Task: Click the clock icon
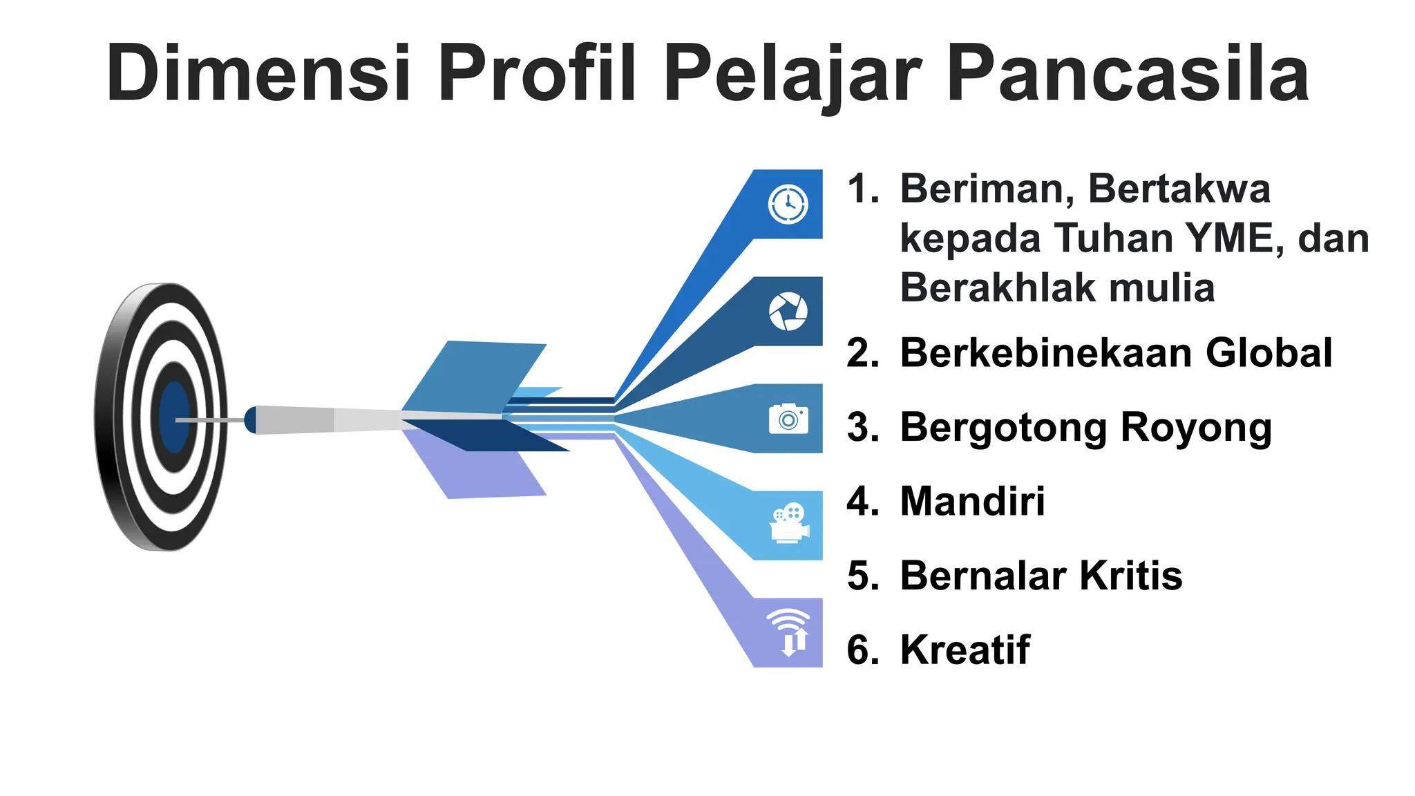point(788,205)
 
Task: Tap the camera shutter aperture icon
point(788,312)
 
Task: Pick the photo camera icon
point(788,419)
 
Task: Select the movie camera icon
point(789,524)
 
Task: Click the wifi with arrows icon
point(789,632)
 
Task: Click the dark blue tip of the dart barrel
point(250,420)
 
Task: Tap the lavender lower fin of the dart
point(477,470)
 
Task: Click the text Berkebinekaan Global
point(1116,353)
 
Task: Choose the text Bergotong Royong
point(1085,428)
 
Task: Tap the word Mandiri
point(972,501)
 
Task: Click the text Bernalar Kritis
point(1041,576)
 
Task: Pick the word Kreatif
point(965,650)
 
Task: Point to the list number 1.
point(862,189)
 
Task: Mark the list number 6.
point(862,650)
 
